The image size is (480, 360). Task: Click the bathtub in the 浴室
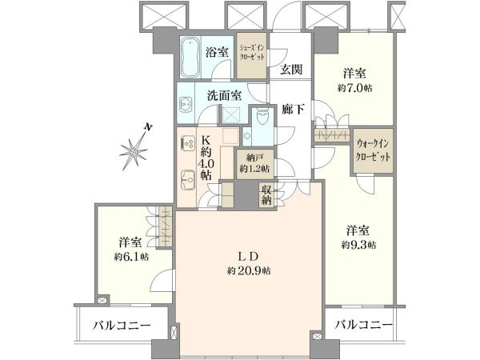coord(190,58)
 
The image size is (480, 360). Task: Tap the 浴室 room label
coord(217,52)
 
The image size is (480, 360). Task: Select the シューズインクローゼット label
coord(252,52)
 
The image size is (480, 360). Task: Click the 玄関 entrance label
coord(291,70)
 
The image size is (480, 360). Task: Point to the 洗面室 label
coord(224,95)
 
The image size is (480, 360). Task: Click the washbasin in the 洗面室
coord(186,105)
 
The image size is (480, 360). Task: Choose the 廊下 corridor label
coord(293,110)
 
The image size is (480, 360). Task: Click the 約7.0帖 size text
coord(354,88)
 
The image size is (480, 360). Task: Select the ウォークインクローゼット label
coord(373,150)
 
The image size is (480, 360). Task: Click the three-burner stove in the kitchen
coord(188,143)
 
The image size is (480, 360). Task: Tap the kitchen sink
coord(188,180)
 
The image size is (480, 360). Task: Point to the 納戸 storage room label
coord(254,158)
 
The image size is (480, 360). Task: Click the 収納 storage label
coord(266,195)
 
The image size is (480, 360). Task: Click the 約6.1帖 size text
coord(132,257)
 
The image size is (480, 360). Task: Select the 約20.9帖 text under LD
coord(249,270)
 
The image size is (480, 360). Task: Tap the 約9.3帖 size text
coord(358,245)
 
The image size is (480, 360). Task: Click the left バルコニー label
coord(122,325)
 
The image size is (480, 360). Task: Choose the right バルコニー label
coord(363,325)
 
